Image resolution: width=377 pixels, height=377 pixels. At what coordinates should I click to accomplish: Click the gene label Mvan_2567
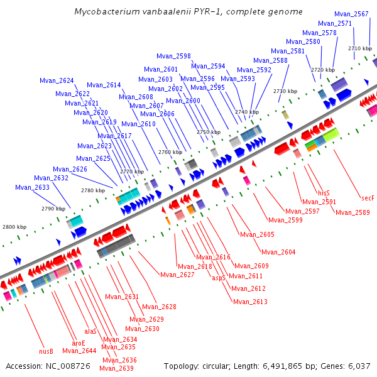coord(351,14)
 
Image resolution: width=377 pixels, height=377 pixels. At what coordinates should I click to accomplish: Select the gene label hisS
coord(324,193)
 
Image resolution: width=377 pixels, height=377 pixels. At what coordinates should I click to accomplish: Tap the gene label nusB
coord(46,351)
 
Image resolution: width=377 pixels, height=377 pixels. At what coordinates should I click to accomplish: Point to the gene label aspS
coord(219,277)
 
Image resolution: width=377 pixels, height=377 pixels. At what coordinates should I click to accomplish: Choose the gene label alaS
coord(90,331)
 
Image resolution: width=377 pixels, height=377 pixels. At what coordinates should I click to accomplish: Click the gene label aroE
coord(78,343)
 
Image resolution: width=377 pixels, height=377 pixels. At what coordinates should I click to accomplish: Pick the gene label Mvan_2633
coord(32,187)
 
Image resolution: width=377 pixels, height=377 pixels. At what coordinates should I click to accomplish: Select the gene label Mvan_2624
coord(57,80)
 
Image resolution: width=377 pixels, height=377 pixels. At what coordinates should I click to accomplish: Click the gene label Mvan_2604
coord(278,252)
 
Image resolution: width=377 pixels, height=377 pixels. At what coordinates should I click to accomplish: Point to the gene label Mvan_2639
coord(116,368)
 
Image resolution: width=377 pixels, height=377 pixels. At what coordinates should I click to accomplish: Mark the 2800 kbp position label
coord(14,227)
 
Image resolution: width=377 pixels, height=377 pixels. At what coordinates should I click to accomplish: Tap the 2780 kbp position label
coord(93,190)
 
